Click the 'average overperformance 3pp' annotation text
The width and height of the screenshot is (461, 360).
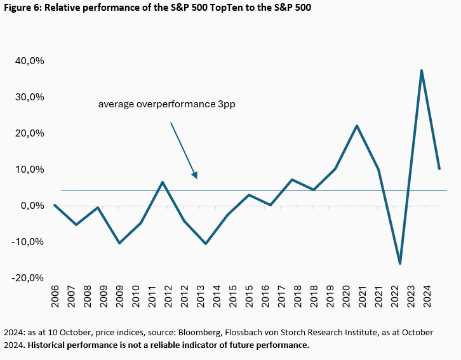pyautogui.click(x=167, y=103)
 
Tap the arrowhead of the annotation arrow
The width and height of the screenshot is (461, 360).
pyautogui.click(x=196, y=175)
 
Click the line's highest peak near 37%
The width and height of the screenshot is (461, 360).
pyautogui.click(x=422, y=70)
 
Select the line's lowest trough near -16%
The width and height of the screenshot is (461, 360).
pyautogui.click(x=400, y=263)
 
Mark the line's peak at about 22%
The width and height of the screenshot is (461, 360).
pyautogui.click(x=357, y=126)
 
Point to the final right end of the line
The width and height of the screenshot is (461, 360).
pyautogui.click(x=439, y=168)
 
